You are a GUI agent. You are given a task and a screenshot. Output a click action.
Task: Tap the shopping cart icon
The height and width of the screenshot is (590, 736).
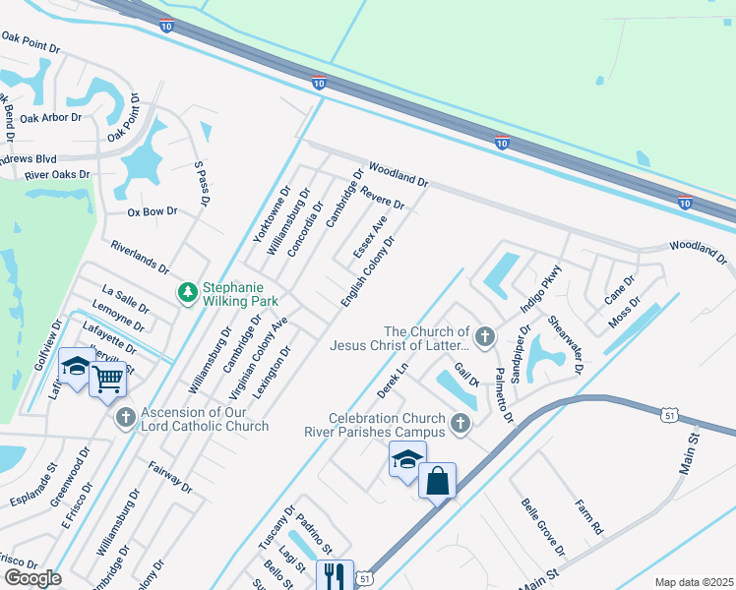click(x=107, y=377)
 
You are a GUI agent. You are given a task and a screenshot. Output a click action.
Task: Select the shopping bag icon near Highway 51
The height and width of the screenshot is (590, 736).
click(x=437, y=481)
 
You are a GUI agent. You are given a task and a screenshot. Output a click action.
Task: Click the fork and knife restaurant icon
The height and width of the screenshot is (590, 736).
click(x=335, y=574)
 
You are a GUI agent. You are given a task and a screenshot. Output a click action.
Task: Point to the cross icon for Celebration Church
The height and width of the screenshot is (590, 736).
click(x=460, y=425)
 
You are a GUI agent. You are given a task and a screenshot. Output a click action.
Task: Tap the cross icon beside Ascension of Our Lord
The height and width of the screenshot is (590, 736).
click(x=125, y=419)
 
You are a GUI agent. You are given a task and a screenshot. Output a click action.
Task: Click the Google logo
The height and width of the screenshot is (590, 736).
click(x=32, y=578)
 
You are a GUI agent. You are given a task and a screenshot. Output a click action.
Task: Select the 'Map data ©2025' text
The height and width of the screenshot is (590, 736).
click(x=694, y=582)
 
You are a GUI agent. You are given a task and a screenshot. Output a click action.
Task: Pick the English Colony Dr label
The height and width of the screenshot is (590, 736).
click(x=368, y=270)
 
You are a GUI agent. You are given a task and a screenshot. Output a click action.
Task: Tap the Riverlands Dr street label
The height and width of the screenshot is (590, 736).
click(x=141, y=257)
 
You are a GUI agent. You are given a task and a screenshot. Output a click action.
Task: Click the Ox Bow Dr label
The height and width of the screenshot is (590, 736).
click(x=153, y=211)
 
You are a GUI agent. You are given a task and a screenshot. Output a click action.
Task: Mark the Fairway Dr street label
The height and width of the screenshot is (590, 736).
click(x=170, y=479)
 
